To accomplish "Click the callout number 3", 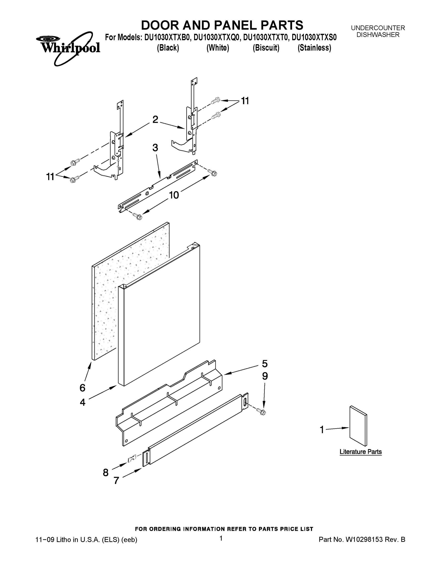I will [x=155, y=148].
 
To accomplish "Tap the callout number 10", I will [x=174, y=195].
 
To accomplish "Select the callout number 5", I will [x=265, y=364].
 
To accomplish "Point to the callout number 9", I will [x=265, y=376].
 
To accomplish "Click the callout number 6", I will [x=82, y=388].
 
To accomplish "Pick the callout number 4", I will [x=82, y=402].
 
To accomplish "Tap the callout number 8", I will [x=106, y=473].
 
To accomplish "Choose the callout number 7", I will [x=117, y=480].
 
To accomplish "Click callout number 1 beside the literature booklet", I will [x=322, y=430].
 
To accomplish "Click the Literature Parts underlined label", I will [x=361, y=452].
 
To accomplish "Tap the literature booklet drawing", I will [x=358, y=426].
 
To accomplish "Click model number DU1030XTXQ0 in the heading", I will [x=217, y=37].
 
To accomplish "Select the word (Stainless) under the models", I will [x=314, y=48].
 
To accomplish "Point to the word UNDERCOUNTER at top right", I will [x=378, y=28].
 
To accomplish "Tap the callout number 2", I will [x=155, y=119].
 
